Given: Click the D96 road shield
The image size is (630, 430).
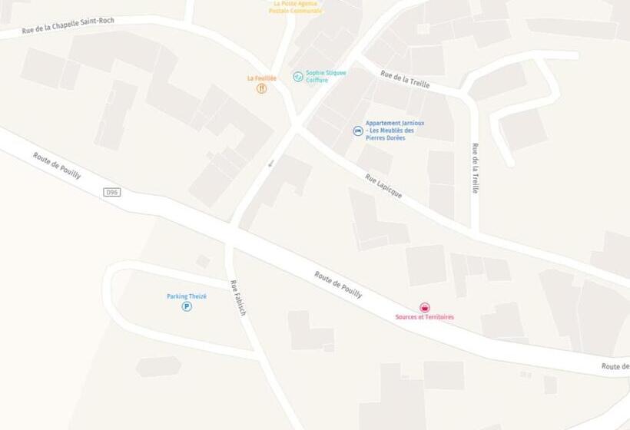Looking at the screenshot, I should [x=111, y=192].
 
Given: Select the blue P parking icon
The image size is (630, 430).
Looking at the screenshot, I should [x=187, y=306].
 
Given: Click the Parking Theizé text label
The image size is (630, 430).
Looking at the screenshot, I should [x=187, y=296].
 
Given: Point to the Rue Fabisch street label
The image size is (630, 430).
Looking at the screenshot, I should [x=238, y=298].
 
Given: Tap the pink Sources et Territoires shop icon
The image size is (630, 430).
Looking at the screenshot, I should [x=425, y=308].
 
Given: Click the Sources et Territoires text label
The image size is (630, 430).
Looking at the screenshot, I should [x=425, y=317].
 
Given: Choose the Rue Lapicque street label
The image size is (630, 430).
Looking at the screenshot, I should [x=383, y=186].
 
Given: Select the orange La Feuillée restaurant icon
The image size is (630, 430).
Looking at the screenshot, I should [x=261, y=88].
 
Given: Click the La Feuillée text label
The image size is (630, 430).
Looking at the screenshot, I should [x=261, y=78].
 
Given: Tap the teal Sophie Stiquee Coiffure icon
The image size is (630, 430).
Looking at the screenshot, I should [x=298, y=77].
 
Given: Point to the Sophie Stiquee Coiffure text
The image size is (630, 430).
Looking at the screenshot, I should [x=326, y=77].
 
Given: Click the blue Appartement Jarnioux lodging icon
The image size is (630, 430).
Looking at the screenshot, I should [x=358, y=131].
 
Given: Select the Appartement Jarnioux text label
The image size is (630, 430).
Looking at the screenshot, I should [x=394, y=131].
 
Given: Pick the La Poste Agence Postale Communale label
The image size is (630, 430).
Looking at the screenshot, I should [x=297, y=7].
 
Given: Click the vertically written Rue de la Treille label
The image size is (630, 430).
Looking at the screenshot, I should [x=475, y=168].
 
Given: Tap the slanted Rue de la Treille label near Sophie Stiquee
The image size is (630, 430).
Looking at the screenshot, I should [x=405, y=79].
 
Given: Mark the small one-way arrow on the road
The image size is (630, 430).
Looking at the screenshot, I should [x=270, y=163].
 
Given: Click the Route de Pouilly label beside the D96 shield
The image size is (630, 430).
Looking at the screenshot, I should [x=57, y=165].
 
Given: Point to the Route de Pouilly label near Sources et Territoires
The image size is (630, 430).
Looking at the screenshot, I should [x=338, y=284].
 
